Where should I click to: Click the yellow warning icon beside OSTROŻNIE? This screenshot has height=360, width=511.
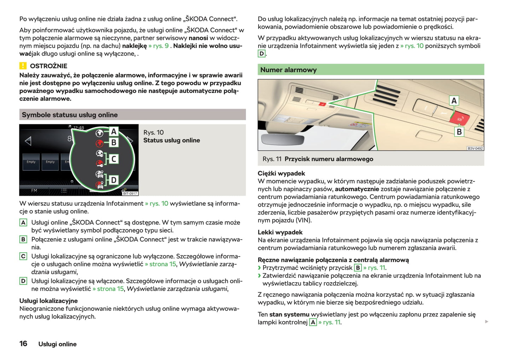[23, 66]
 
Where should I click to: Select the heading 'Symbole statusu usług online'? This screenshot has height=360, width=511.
[70, 115]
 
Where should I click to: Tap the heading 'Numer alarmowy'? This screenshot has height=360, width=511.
[288, 70]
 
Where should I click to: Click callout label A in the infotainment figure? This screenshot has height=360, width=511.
[114, 131]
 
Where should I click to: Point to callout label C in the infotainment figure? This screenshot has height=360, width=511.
[114, 159]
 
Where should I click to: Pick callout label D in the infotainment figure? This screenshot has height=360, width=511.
[114, 180]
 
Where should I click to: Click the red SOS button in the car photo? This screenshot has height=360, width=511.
[459, 118]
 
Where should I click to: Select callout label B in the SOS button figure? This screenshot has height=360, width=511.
[459, 132]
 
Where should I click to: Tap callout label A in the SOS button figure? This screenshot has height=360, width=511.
[454, 101]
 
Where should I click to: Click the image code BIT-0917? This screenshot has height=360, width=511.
[130, 193]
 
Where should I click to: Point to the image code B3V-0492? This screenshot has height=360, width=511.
[475, 148]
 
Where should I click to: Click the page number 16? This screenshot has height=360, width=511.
[23, 344]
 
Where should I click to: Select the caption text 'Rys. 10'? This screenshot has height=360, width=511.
[153, 132]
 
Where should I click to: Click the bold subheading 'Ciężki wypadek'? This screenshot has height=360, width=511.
[281, 173]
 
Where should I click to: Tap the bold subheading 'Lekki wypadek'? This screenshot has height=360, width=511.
[280, 232]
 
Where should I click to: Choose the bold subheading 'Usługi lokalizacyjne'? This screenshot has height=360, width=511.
[48, 301]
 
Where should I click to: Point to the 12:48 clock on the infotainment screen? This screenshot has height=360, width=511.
[79, 128]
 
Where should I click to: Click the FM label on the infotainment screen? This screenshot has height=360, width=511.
[34, 191]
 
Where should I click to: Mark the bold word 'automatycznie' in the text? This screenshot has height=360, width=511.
[356, 189]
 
